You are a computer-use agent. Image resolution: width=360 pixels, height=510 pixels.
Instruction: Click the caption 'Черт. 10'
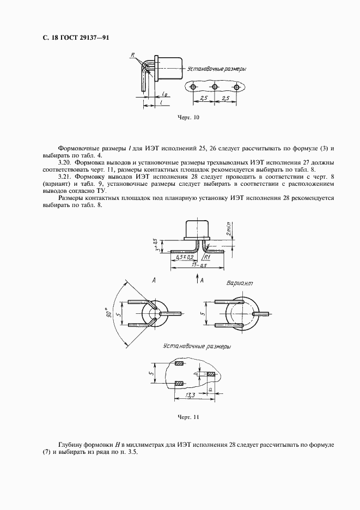pyautogui.click(x=188, y=117)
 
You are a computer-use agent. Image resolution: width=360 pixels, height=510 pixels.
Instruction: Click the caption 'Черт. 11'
pyautogui.click(x=188, y=417)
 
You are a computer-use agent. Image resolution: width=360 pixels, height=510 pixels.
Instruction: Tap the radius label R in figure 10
pyautogui.click(x=132, y=55)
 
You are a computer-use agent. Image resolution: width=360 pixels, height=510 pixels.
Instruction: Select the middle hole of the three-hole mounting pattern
pyautogui.click(x=215, y=87)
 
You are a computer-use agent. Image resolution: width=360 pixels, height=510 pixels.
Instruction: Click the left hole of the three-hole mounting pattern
pyautogui.click(x=193, y=87)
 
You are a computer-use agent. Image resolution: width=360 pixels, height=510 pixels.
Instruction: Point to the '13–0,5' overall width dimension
pyautogui.click(x=196, y=265)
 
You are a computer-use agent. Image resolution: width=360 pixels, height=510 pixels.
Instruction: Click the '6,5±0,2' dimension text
pyautogui.click(x=185, y=257)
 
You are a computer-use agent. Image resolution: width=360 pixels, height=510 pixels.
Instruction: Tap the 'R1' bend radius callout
pyautogui.click(x=208, y=258)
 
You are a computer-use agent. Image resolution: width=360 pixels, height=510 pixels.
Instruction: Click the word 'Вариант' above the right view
pyautogui.click(x=240, y=283)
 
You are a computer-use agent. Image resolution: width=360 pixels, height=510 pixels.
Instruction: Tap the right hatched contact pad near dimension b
pyautogui.click(x=211, y=374)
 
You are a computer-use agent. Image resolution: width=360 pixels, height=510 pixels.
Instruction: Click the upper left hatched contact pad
pyautogui.click(x=179, y=363)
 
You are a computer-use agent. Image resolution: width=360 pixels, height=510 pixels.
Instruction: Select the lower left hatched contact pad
pyautogui.click(x=179, y=384)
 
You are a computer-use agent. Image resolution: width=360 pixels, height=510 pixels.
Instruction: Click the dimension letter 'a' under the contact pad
pyautogui.click(x=211, y=389)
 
